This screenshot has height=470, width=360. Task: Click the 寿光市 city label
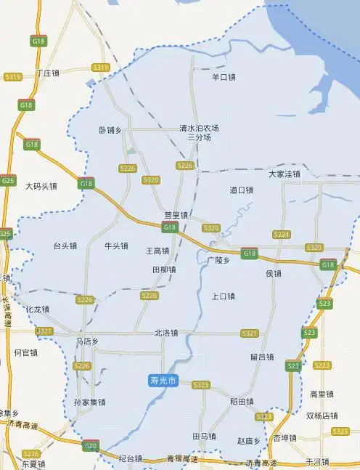coord(163,380)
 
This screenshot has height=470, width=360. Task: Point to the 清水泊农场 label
coord(200,128)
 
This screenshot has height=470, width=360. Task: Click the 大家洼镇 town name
coord(284,174)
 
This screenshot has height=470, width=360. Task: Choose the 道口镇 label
coord(241,190)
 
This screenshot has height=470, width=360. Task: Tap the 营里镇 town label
coord(176,215)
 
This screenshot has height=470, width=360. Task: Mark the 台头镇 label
coord(65,246)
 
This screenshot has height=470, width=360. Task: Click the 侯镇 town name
coord(274,273)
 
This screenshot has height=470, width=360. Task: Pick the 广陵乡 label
coord(218,259)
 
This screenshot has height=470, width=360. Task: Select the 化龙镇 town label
coord(37,309)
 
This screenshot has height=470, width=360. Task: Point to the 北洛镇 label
coord(166,333)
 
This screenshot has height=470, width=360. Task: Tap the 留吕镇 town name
coord(261,357)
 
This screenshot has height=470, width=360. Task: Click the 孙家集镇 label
coord(89,402)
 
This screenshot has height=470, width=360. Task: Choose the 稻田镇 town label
coord(242,401)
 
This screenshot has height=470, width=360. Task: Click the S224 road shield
coord(282,234)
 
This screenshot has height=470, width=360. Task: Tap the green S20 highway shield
coord(90,445)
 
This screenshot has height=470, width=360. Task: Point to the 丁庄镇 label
coord(47,73)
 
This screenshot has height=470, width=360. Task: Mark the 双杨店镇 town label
coord(322,416)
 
